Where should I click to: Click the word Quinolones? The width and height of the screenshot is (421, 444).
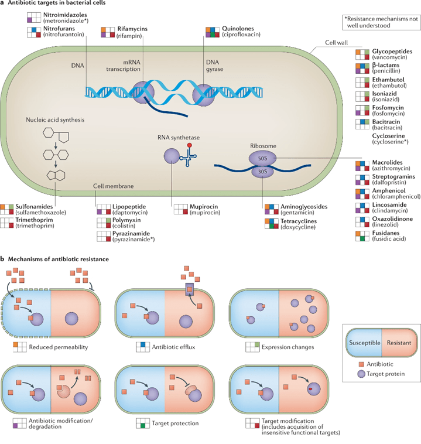237,28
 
